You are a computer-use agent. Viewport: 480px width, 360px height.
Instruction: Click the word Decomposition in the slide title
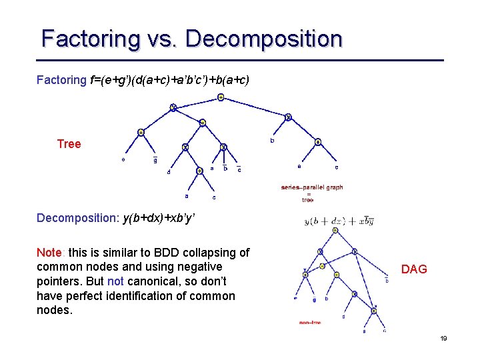[264, 39]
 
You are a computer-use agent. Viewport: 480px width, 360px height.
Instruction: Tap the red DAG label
[413, 269]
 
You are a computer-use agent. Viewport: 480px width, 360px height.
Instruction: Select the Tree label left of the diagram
[69, 144]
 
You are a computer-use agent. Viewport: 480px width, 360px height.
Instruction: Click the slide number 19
[443, 339]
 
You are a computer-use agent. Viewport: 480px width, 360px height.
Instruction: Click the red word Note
[49, 253]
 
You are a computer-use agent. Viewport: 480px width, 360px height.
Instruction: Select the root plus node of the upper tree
[221, 97]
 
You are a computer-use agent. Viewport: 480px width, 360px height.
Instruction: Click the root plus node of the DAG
[335, 231]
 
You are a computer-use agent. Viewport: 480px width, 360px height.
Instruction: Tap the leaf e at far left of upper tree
[123, 159]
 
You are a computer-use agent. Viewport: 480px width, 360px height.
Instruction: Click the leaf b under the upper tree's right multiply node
[271, 141]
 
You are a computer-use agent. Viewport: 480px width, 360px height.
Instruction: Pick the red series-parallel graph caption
[312, 187]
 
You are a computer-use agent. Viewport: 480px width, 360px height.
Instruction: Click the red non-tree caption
[310, 323]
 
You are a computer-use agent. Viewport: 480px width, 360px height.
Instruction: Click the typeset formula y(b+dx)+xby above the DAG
[338, 221]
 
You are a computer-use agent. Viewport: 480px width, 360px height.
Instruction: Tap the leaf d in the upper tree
[169, 172]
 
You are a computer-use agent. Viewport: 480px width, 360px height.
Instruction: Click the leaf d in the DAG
[343, 316]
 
